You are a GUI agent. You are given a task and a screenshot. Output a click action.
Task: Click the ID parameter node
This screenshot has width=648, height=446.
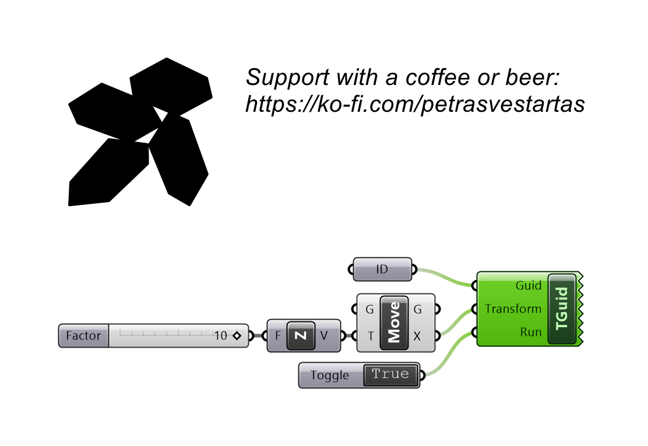tap(382, 269)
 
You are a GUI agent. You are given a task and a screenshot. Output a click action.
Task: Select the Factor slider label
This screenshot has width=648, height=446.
tap(83, 336)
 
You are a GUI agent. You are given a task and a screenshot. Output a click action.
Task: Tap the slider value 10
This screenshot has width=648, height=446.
tap(221, 336)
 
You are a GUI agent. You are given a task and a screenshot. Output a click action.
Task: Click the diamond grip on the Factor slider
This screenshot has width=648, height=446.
tap(237, 336)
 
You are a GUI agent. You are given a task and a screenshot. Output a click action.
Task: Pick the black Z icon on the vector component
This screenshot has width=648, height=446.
tap(301, 336)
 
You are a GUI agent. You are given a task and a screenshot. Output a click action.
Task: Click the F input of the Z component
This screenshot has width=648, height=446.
tap(278, 336)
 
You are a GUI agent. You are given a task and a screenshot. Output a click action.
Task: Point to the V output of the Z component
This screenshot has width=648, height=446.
tap(324, 336)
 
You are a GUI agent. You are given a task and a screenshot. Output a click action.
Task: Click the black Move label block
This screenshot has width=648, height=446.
tap(395, 323)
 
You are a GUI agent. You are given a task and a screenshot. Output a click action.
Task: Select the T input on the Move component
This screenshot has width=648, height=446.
tap(371, 336)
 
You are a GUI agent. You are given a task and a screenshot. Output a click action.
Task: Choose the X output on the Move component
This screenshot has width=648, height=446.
tap(417, 336)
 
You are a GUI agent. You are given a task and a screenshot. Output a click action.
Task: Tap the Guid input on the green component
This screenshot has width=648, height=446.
tap(528, 285)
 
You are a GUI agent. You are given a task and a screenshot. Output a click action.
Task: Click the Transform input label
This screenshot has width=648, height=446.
tap(513, 309)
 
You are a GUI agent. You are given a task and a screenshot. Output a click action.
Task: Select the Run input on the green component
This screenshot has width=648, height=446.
tap(531, 332)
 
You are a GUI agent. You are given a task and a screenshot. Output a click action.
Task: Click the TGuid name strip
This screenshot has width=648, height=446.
tap(562, 309)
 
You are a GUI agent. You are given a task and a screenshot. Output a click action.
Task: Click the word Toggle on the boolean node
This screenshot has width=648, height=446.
tap(330, 376)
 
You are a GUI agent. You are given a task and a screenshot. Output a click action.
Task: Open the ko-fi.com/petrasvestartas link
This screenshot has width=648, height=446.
tap(415, 104)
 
